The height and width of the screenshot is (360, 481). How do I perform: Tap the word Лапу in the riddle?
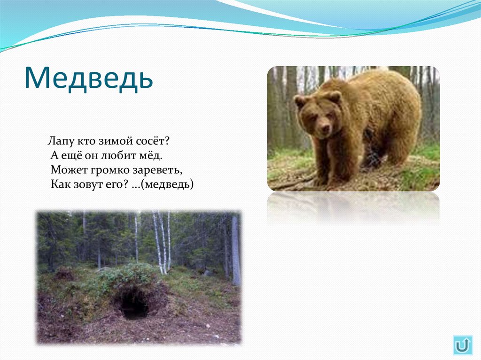click(59, 140)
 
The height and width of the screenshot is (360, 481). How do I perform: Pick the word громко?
click(104, 169)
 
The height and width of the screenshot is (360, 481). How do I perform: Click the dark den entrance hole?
click(134, 304)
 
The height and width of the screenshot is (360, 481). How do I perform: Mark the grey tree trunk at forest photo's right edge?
click(235, 249)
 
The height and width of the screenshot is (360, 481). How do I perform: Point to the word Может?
click(66, 169)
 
